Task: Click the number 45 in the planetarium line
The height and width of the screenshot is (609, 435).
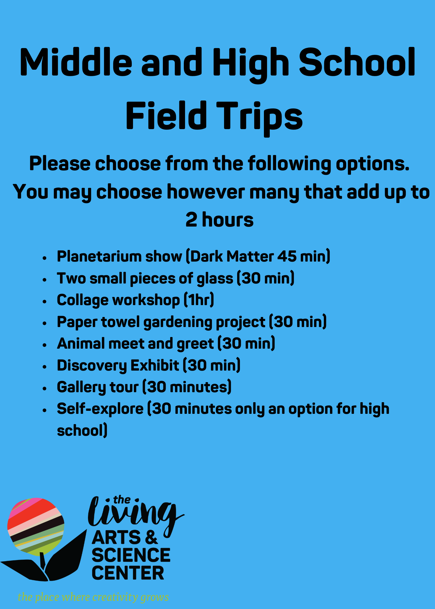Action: click(286, 256)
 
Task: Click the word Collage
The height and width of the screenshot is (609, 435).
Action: click(82, 300)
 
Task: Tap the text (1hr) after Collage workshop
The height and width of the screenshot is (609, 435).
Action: click(199, 300)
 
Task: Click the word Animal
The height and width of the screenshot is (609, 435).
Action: click(81, 344)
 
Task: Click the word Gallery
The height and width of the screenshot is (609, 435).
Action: click(81, 387)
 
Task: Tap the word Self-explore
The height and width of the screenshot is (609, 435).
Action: click(100, 409)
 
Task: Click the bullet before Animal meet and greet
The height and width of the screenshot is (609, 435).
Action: click(45, 345)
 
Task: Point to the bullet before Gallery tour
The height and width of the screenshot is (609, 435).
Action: click(45, 388)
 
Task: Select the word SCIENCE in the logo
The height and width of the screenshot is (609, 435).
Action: click(131, 555)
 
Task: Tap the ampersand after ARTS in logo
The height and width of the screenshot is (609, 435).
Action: click(151, 538)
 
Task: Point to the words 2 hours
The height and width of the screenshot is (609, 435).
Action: click(219, 220)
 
